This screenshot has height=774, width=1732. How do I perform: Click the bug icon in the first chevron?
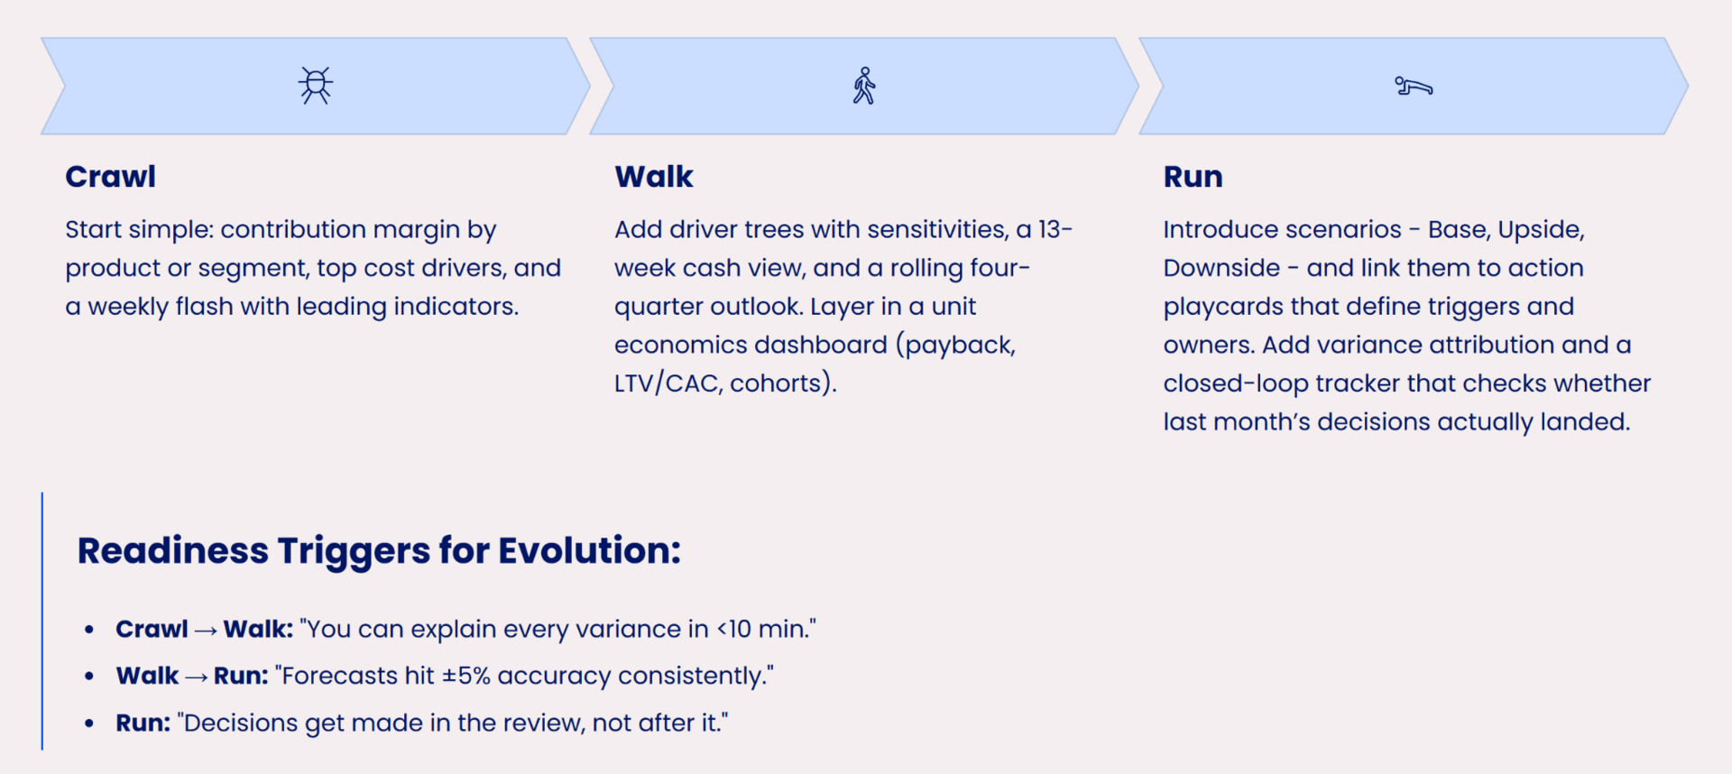(x=316, y=86)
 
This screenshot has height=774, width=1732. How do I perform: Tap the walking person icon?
(x=864, y=86)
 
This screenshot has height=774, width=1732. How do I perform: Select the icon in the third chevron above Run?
(x=1414, y=87)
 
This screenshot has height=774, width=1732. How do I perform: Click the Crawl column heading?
(x=110, y=177)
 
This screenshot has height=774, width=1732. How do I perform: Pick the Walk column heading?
(x=654, y=177)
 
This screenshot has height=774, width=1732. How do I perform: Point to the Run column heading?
(x=1193, y=177)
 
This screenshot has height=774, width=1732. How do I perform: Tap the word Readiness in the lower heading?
(x=173, y=550)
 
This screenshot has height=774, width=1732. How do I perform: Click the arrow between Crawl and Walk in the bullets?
(x=206, y=631)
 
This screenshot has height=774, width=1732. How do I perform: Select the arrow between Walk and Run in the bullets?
(x=196, y=677)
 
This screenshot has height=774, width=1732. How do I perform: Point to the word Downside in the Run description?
(x=1221, y=268)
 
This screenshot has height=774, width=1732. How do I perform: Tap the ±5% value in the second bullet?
(x=465, y=676)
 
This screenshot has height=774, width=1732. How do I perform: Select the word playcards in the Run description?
(x=1223, y=308)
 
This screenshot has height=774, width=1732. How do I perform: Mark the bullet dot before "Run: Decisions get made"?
(x=88, y=723)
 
